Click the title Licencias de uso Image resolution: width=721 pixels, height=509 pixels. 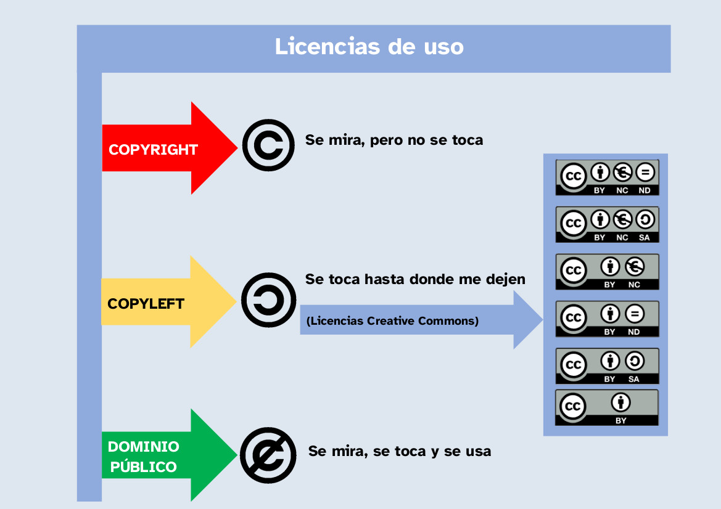pos(369,47)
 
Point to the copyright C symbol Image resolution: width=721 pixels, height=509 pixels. pos(268,145)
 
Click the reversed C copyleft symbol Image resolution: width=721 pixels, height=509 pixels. pos(268,300)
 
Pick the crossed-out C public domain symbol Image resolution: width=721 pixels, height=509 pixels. pos(268,454)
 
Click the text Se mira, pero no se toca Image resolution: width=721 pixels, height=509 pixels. pos(393,140)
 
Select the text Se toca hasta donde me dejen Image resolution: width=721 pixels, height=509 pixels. pos(415,279)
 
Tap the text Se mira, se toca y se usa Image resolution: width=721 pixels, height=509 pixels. pos(400,451)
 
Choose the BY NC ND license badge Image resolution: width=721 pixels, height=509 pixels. pos(607,177)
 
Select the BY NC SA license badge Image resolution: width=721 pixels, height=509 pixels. pos(607,225)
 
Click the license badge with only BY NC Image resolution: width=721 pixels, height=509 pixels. pos(607,272)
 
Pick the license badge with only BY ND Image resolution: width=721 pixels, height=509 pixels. pos(607,319)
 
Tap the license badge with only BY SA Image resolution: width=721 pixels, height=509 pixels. pos(607,366)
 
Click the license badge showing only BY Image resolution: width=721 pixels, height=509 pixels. pos(607,407)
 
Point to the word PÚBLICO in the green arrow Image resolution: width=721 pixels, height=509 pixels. pos(143,466)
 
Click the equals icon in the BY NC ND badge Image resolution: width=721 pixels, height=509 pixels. pos(645,172)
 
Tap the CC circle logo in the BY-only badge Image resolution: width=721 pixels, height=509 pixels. pos(573,407)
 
